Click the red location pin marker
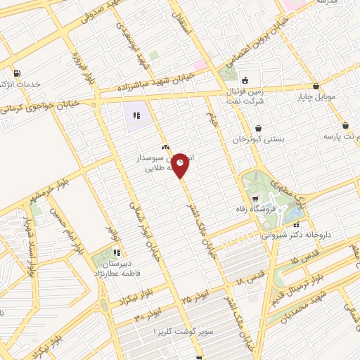point(181,165)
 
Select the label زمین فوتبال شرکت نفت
point(247,94)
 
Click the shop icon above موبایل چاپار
point(316,86)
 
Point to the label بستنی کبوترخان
point(261,140)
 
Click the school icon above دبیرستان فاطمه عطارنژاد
point(117,252)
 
